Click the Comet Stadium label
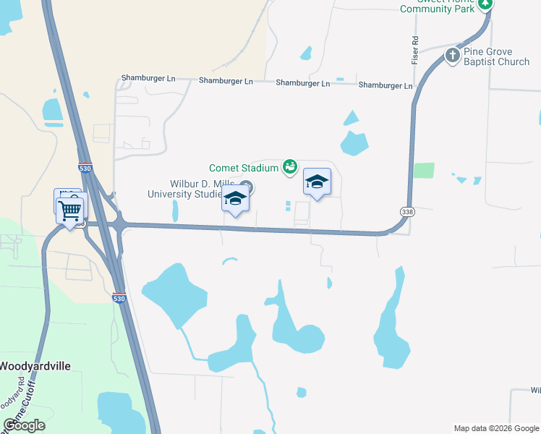tap(244, 168)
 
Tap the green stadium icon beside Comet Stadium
tap(289, 168)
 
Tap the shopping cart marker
tap(70, 211)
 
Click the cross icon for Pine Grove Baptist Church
tap(452, 55)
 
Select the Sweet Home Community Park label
tap(438, 6)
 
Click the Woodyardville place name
tap(35, 366)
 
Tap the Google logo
tap(25, 425)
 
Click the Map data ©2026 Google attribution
tap(495, 428)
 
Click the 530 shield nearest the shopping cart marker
tap(86, 168)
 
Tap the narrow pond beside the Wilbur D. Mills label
tap(175, 211)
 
